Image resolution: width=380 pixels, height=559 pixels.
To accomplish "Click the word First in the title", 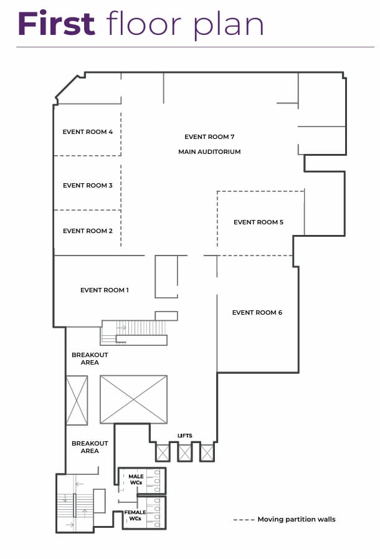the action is click(x=56, y=23).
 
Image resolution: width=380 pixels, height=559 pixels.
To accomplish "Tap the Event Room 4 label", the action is click(x=88, y=132).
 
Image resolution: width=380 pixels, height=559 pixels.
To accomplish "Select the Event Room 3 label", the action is click(x=88, y=185).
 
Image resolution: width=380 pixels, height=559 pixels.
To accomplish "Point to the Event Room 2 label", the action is click(x=88, y=231).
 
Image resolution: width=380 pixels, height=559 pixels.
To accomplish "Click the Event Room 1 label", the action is click(x=105, y=290).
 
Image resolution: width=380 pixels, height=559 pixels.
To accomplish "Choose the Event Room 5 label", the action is click(x=259, y=222).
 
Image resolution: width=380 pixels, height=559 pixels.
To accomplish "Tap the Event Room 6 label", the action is click(x=257, y=313).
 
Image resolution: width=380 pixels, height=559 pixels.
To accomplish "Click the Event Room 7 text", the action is click(x=209, y=137).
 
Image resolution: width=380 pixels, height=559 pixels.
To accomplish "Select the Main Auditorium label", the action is click(x=209, y=152).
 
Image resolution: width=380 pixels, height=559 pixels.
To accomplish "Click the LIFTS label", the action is click(x=184, y=436).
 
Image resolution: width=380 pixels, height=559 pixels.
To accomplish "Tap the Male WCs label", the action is click(x=136, y=479).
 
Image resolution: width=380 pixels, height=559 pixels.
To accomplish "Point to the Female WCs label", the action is click(x=135, y=515).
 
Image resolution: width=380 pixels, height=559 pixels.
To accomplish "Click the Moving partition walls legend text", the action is click(x=297, y=520).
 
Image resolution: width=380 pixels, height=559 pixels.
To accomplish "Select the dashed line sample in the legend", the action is click(x=244, y=520).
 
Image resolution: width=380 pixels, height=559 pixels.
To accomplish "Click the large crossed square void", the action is click(x=133, y=399).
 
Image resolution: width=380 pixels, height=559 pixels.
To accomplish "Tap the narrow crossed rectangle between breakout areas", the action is click(x=77, y=400).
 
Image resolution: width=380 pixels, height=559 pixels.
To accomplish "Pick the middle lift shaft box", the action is click(x=184, y=453).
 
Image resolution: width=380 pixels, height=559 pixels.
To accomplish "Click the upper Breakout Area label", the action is click(x=90, y=358).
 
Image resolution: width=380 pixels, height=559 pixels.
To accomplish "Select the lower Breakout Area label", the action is click(x=90, y=447).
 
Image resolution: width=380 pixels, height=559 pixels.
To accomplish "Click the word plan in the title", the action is click(x=229, y=25).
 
